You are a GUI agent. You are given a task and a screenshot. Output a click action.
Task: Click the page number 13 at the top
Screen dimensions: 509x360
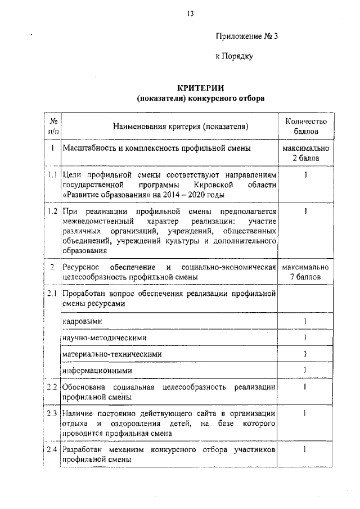pos(191,14)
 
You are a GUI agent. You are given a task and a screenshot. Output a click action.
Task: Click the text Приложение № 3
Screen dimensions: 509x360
pos(247,37)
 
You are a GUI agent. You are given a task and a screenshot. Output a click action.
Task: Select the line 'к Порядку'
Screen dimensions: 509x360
pos(235,56)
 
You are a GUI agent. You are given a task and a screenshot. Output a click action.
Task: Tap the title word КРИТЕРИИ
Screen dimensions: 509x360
pos(201,88)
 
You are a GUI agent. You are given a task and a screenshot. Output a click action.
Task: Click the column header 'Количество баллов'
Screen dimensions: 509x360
pos(305,126)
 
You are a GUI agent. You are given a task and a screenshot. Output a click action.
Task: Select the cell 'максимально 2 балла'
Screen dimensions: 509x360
pos(305,153)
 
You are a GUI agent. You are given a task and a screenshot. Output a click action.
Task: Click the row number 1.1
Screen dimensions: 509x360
pos(52,175)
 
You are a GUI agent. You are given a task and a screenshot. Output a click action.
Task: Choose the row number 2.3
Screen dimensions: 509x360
pos(52,413)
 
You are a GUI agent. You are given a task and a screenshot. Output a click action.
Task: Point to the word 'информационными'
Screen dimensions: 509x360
pos(98,371)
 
